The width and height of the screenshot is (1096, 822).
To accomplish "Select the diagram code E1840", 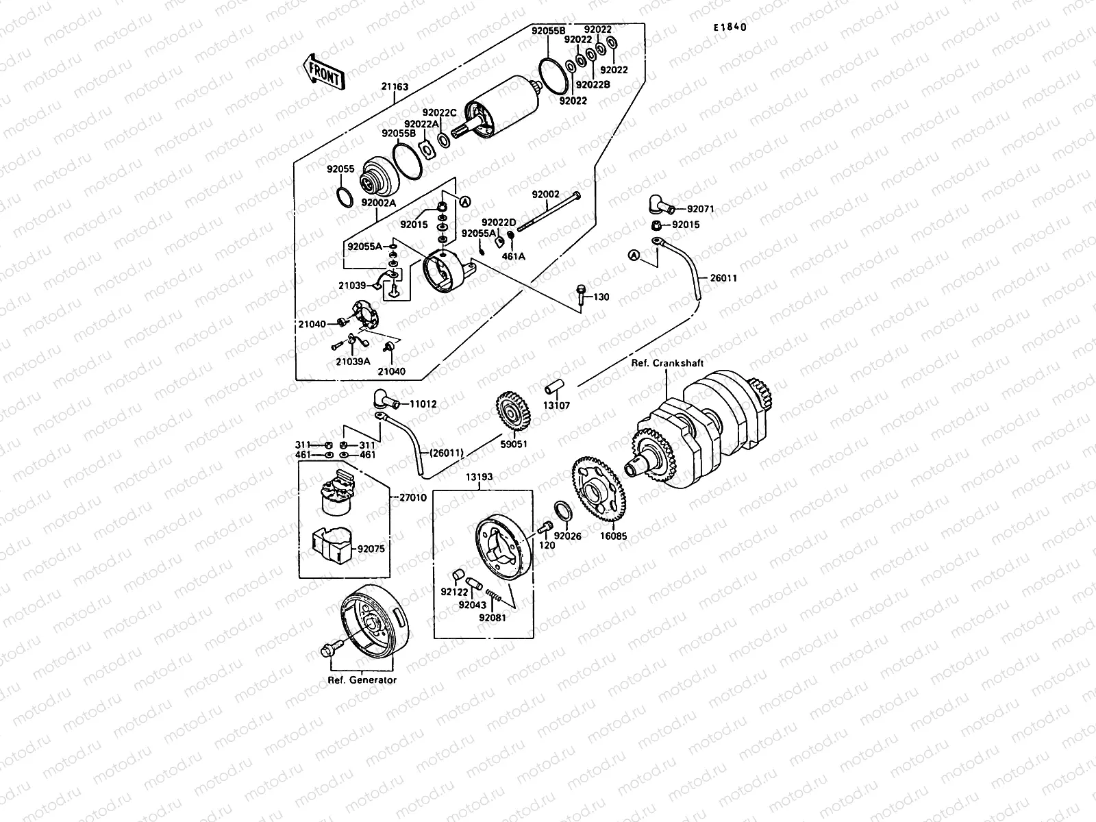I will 729,28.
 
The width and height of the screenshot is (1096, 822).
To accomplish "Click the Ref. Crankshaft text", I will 667,363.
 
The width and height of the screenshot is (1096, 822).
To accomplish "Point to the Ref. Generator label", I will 362,680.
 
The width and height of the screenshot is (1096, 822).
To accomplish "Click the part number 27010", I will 412,498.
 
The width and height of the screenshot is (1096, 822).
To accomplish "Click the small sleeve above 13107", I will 553,386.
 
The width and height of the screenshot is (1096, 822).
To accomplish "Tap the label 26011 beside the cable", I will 724,279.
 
